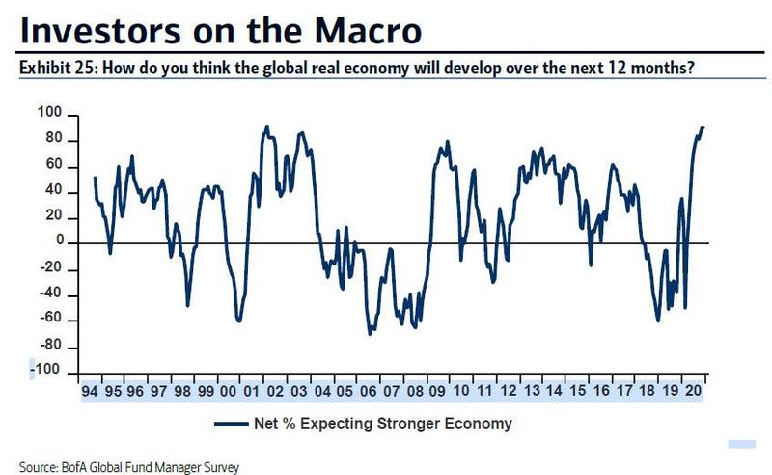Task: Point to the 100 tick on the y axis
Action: pos(48,115)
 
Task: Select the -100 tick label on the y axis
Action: pos(45,372)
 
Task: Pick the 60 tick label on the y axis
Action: pos(52,166)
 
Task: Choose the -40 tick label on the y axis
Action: pos(48,294)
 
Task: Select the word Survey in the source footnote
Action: pos(218,467)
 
